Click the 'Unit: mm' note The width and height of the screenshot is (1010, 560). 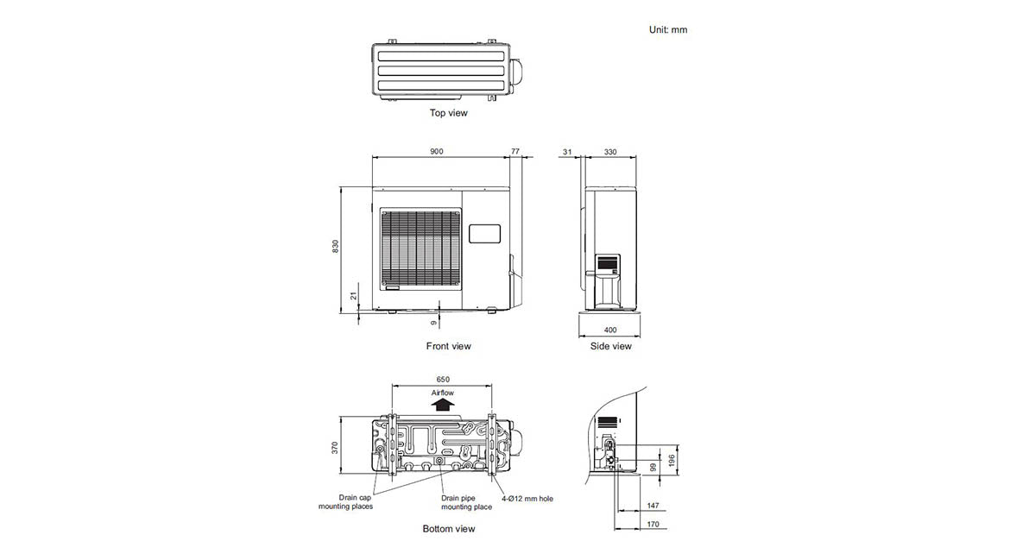point(668,29)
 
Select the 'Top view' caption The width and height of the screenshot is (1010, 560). point(449,113)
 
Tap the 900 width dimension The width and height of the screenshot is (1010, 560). point(437,151)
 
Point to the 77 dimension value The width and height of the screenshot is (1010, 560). point(516,151)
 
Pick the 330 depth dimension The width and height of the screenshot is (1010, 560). point(610,151)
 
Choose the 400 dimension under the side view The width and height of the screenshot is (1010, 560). point(610,330)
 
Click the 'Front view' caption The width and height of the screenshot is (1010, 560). point(449,346)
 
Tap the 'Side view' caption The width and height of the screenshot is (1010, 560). point(610,346)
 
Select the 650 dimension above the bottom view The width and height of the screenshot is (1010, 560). point(443,380)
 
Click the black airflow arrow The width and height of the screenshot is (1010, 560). point(443,402)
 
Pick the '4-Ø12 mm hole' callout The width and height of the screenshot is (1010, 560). point(528,498)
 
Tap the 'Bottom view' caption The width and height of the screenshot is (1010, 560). point(449,528)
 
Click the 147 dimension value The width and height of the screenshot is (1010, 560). point(653,505)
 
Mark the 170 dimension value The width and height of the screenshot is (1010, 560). point(653,524)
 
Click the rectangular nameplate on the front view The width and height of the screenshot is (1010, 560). point(484,233)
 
